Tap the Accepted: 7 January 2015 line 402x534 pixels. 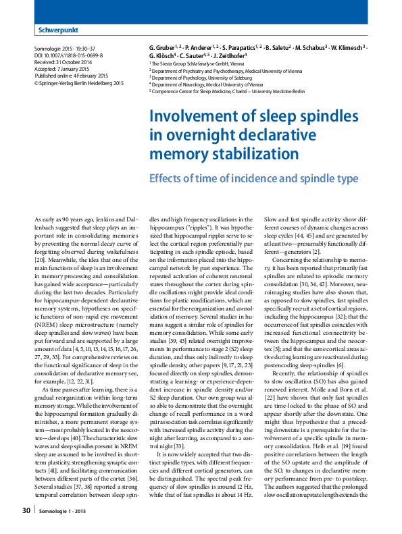(63, 69)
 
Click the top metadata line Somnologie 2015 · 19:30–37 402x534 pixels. (66, 49)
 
